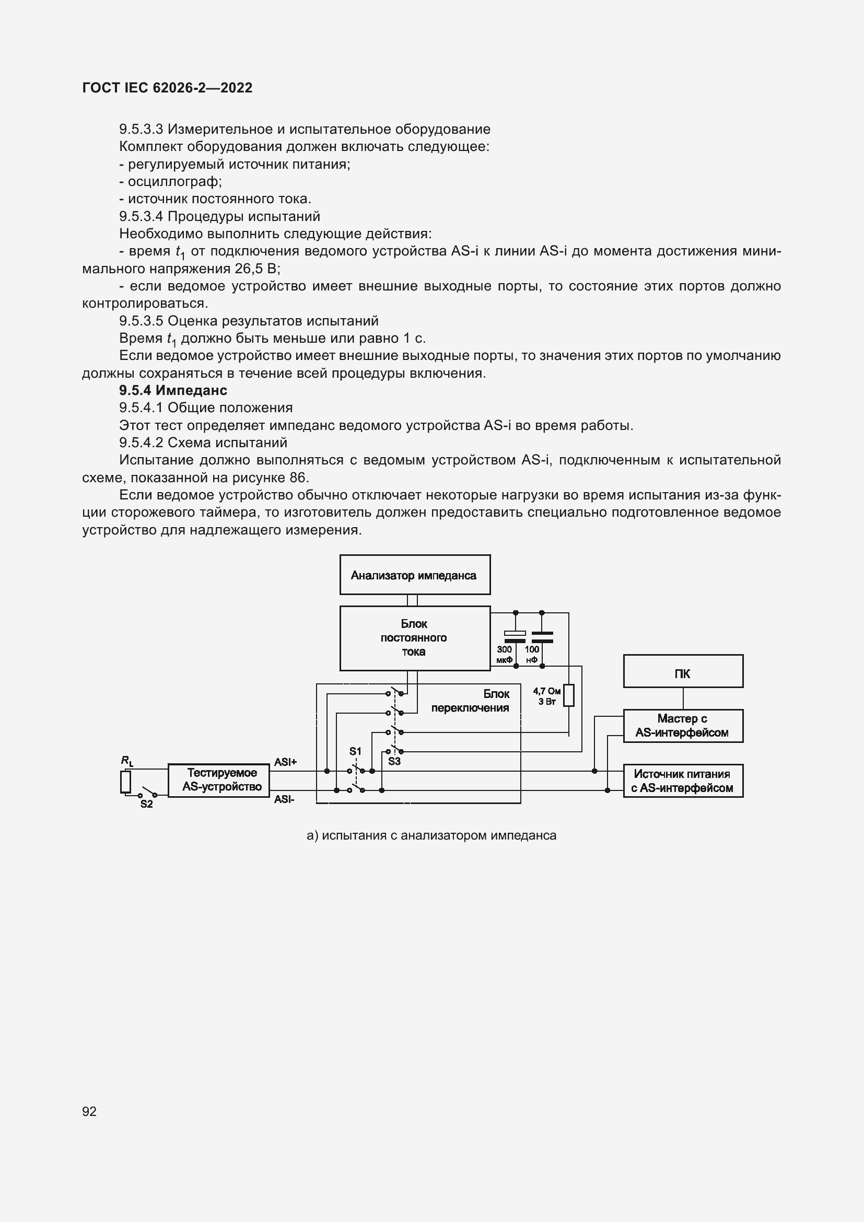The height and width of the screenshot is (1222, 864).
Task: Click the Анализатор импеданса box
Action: pos(414,575)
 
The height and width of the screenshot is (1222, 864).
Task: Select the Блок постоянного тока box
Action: pos(414,637)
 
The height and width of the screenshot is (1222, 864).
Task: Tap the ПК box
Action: pos(683,671)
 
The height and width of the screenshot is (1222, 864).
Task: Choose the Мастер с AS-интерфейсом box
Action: pos(683,726)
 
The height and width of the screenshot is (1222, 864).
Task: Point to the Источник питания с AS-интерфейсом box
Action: pos(683,781)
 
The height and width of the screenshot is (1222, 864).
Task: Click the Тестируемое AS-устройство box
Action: pos(219,780)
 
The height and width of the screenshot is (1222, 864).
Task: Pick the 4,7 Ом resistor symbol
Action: pos(569,695)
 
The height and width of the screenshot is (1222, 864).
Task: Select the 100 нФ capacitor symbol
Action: pos(542,636)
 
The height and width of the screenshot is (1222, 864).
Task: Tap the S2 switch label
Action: pos(146,804)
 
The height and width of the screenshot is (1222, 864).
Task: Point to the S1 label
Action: pos(355,751)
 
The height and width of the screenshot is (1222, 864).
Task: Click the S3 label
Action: pos(394,761)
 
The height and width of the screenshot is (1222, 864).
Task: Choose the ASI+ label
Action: pos(285,762)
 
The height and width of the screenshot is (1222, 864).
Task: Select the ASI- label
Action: pos(284,799)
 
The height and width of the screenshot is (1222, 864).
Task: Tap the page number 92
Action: pos(89,1111)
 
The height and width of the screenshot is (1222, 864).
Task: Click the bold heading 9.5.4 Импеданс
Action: pos(173,390)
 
